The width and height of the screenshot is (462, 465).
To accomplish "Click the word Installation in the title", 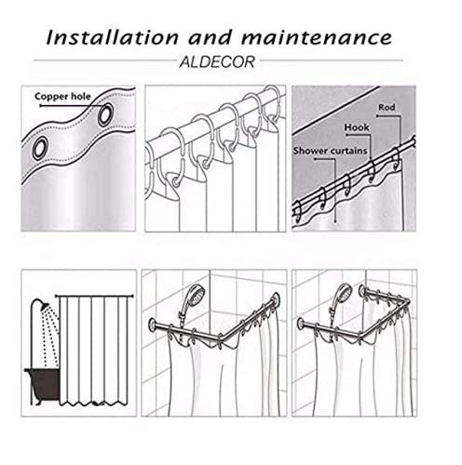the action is pyautogui.click(x=113, y=37).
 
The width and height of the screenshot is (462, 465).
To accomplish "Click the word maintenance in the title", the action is pyautogui.click(x=317, y=37).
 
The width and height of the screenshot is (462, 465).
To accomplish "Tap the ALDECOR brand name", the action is pyautogui.click(x=217, y=62).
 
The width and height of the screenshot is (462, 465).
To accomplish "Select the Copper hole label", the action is pyautogui.click(x=62, y=97).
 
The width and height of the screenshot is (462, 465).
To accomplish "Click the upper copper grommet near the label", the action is pyautogui.click(x=105, y=114).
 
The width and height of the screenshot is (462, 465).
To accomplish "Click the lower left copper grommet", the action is pyautogui.click(x=40, y=148).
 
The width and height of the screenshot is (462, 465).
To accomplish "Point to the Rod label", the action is pyautogui.click(x=387, y=108).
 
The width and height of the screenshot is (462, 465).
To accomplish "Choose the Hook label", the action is pyautogui.click(x=357, y=127).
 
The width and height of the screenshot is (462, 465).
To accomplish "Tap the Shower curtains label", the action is pyautogui.click(x=330, y=151).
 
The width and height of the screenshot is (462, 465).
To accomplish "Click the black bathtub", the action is pyautogui.click(x=43, y=384).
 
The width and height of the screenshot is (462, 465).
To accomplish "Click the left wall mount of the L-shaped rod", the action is pyautogui.click(x=153, y=325).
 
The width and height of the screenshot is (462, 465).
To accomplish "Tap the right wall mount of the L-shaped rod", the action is pyautogui.click(x=276, y=299).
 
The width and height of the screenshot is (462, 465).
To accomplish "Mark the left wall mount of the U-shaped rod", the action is pyautogui.click(x=300, y=324).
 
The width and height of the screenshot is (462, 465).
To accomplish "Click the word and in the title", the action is pyautogui.click(x=211, y=37).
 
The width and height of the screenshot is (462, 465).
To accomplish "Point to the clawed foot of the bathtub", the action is pyautogui.click(x=37, y=403).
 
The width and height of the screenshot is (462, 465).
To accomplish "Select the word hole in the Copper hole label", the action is pyautogui.click(x=80, y=97).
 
